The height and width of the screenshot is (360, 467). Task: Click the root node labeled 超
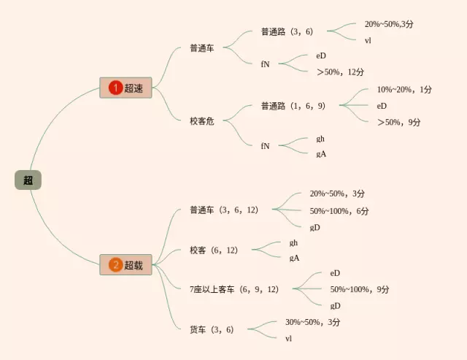(x=28, y=180)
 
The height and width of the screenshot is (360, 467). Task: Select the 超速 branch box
(x=126, y=88)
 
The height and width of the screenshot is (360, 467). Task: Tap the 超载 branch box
(x=126, y=265)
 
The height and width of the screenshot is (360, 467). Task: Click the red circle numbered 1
(x=115, y=88)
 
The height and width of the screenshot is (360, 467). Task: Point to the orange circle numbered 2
(x=115, y=265)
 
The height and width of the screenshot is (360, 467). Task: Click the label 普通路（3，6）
(x=287, y=31)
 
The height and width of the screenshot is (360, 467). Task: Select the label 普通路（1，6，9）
(x=293, y=106)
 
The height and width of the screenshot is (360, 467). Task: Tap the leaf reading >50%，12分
(x=340, y=72)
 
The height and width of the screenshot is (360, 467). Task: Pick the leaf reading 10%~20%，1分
(x=404, y=90)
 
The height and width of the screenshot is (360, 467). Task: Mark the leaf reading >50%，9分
(x=398, y=122)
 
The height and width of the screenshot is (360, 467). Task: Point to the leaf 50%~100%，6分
(x=339, y=211)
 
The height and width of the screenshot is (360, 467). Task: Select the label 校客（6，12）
(x=214, y=250)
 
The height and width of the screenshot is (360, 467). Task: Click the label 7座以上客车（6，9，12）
(x=234, y=289)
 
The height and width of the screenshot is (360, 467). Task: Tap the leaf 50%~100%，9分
(x=360, y=289)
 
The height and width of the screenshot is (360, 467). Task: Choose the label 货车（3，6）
(x=212, y=329)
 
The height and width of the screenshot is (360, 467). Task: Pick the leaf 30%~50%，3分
(x=312, y=322)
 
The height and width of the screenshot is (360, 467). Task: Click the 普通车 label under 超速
(x=201, y=48)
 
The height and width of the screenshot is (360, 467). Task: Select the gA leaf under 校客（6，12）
(x=294, y=258)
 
